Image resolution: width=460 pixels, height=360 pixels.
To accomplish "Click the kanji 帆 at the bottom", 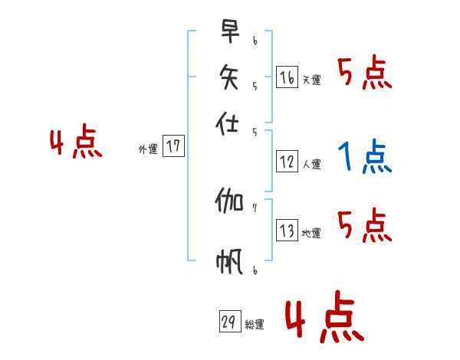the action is (x=229, y=262).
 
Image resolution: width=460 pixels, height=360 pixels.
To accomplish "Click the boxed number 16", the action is (x=287, y=77).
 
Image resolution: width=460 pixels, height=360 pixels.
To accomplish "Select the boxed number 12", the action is (x=287, y=162).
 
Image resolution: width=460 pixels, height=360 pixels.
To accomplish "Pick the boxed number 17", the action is (x=174, y=146).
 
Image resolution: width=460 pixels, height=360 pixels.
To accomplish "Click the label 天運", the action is (x=311, y=80).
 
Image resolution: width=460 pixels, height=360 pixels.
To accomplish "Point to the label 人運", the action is (x=311, y=164).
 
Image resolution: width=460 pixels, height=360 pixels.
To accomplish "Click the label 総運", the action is (x=255, y=325).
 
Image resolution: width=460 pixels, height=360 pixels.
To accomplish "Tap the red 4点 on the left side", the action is (x=76, y=144).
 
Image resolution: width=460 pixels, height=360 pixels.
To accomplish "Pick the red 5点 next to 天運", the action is (x=364, y=74).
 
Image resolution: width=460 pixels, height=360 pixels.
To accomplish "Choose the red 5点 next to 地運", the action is (x=364, y=226).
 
